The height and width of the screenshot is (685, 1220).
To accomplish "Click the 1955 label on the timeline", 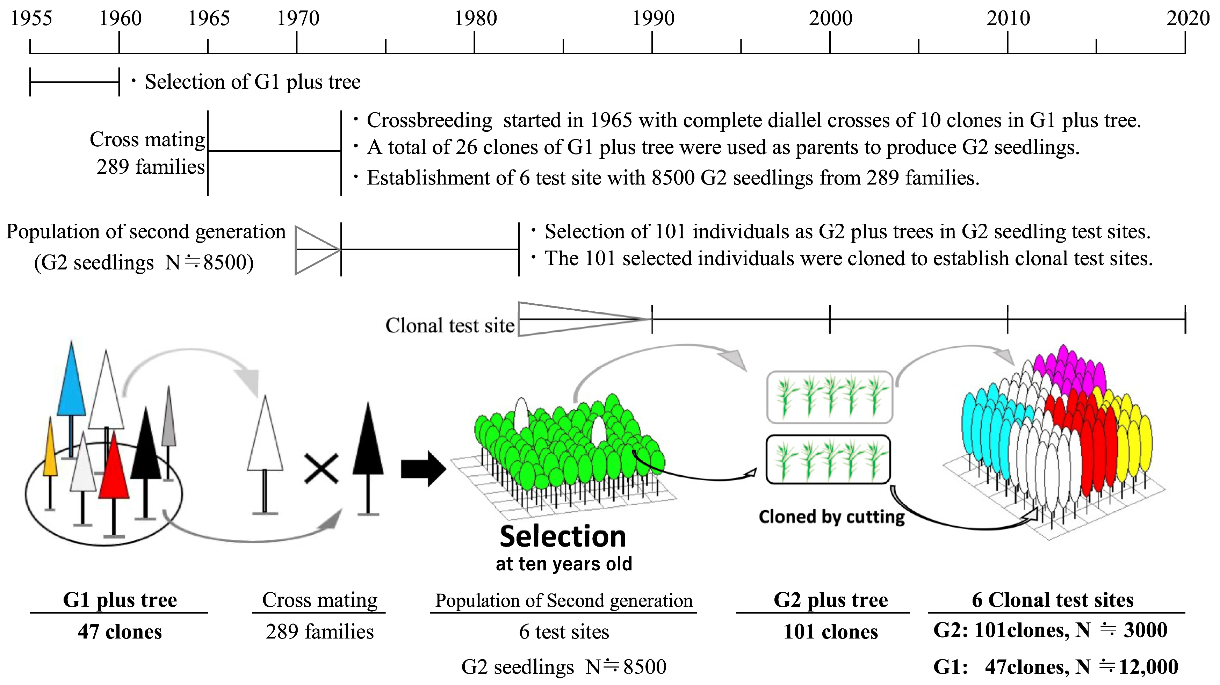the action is (31, 19).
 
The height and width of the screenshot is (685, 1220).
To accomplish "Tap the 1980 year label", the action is (476, 19).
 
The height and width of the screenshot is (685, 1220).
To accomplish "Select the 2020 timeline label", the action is (1188, 19).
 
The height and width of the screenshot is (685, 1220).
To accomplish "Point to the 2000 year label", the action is (830, 19).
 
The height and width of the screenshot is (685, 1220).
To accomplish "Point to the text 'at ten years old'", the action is (564, 564).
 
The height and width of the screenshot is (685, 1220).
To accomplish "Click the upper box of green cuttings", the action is (830, 397).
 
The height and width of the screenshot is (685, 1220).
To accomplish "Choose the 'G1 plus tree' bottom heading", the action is (120, 600).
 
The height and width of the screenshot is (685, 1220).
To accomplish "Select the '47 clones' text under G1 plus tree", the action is (120, 632).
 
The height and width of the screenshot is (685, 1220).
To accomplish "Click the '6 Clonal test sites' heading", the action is (1052, 600).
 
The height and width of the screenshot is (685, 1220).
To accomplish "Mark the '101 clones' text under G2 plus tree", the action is (830, 632).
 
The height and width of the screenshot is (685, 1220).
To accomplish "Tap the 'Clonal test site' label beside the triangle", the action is (450, 325).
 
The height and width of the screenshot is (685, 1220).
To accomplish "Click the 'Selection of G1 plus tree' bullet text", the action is (252, 82).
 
